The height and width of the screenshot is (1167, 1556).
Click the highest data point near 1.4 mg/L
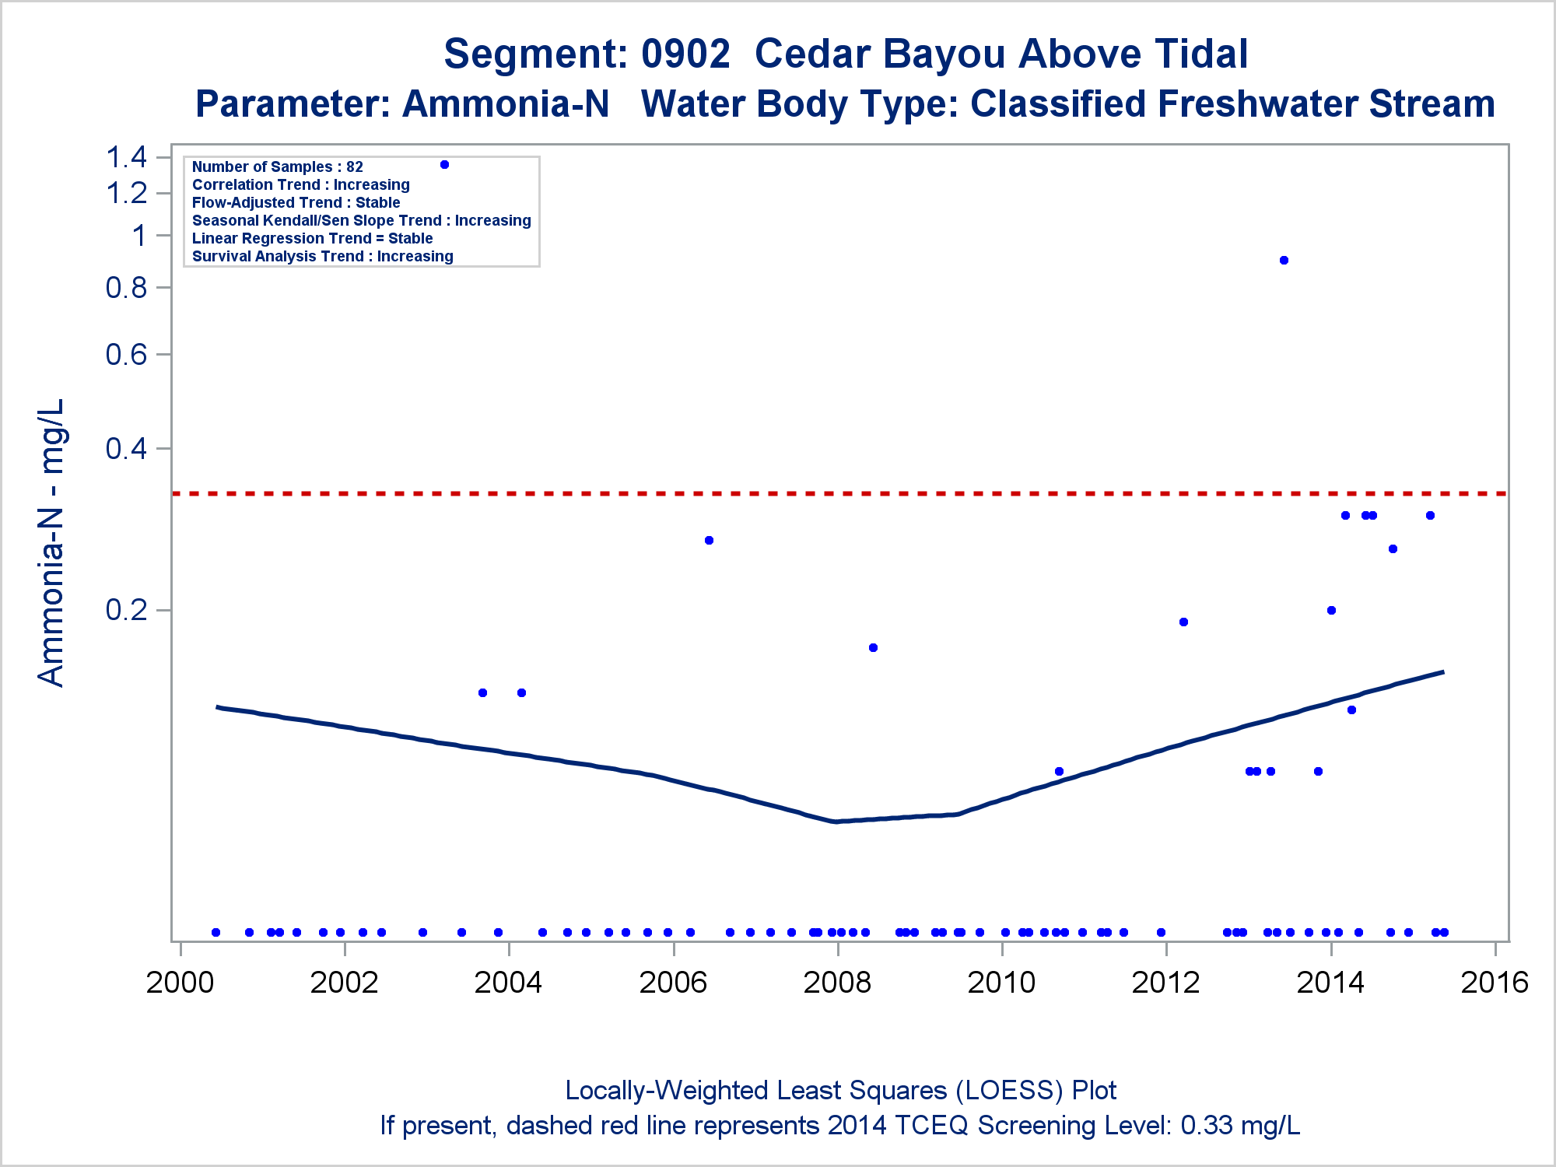pos(444,164)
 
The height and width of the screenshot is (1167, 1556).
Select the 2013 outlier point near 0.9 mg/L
pos(1284,260)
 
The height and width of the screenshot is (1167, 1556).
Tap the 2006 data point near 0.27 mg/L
pos(709,540)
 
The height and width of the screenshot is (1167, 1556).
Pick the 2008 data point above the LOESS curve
pos(873,647)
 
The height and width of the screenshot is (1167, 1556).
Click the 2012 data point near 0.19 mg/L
pos(1183,622)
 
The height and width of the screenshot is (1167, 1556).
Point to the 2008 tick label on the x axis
pos(837,983)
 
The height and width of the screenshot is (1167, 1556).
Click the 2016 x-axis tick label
pos(1495,983)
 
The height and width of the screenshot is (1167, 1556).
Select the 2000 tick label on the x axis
pos(180,983)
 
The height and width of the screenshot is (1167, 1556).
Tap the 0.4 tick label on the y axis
pos(127,449)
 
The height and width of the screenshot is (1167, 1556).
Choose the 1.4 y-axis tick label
pos(127,158)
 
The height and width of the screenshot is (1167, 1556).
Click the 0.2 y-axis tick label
pos(127,610)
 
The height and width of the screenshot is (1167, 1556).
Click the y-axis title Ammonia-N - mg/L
pos(51,542)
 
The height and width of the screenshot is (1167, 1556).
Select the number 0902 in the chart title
pos(685,54)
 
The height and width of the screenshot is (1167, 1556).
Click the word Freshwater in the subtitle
pos(1163,104)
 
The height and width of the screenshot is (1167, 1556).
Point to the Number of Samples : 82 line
pos(278,166)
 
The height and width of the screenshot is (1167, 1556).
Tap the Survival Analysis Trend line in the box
pos(322,256)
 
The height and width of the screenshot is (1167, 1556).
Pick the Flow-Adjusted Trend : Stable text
pos(296,202)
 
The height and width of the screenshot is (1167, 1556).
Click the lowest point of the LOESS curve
pos(836,821)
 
